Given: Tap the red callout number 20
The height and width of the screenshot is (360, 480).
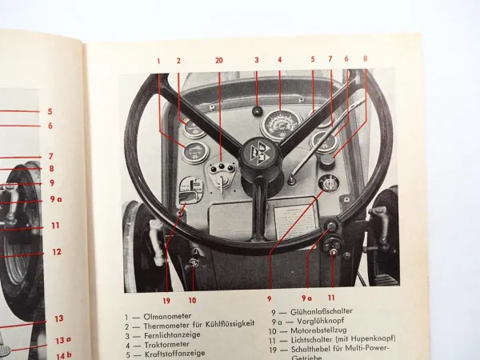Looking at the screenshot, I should [219, 61].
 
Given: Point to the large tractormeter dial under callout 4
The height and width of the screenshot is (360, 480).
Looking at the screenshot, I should [280, 123].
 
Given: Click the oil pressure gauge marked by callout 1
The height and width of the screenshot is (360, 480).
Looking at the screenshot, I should [194, 152].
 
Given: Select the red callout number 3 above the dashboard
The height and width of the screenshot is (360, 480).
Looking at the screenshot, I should [257, 60].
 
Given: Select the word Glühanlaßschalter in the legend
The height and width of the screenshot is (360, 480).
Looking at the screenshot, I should [329, 311].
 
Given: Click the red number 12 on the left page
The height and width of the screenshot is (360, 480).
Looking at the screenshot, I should [56, 252].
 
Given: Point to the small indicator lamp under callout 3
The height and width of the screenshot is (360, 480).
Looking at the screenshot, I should [258, 111].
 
